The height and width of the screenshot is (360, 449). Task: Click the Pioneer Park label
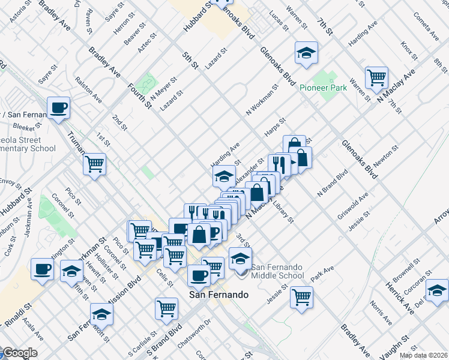(323, 88)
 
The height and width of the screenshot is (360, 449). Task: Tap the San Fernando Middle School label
(277, 271)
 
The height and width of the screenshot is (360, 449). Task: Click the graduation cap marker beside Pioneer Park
(306, 53)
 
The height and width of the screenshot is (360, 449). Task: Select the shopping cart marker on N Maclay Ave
(376, 77)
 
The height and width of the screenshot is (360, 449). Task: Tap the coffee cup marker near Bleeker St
(58, 108)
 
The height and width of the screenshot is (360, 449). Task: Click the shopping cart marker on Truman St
(95, 163)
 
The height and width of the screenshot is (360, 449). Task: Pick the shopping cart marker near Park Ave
(301, 296)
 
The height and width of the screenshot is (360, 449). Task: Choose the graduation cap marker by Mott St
(101, 314)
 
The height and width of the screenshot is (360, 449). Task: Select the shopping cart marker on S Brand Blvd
(166, 308)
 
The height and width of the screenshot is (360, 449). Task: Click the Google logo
(19, 353)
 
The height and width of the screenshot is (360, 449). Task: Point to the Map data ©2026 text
(424, 355)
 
